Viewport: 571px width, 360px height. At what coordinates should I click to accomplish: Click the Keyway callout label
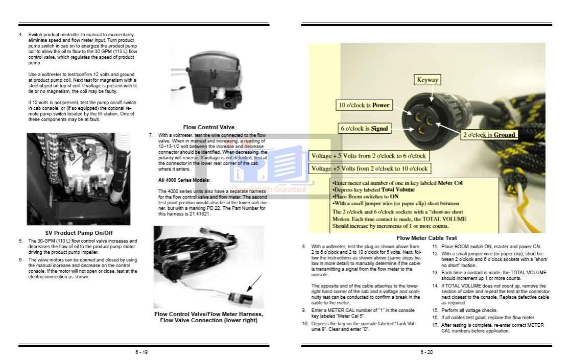pyautogui.click(x=427, y=80)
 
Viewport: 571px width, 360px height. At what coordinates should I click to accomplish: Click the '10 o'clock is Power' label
pyautogui.click(x=363, y=106)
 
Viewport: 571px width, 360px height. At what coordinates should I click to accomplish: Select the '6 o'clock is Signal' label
pyautogui.click(x=365, y=129)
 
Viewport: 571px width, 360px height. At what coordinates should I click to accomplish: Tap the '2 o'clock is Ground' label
pyautogui.click(x=489, y=135)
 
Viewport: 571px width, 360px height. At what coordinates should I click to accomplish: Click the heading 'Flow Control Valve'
pyautogui.click(x=209, y=127)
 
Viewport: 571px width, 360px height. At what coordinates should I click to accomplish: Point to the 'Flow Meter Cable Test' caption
pyautogui.click(x=426, y=238)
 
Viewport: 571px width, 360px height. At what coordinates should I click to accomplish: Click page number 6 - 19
pyautogui.click(x=141, y=352)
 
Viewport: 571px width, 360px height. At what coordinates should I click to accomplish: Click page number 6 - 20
pyautogui.click(x=426, y=352)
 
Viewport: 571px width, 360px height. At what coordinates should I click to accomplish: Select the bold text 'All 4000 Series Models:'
pyautogui.click(x=184, y=180)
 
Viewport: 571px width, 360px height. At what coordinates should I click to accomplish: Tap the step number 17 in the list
pyautogui.click(x=435, y=325)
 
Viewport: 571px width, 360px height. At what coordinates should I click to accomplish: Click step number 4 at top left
pyautogui.click(x=20, y=35)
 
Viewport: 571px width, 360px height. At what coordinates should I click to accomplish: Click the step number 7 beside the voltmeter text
pyautogui.click(x=151, y=135)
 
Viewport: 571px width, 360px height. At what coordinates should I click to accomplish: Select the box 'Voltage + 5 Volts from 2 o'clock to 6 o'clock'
pyautogui.click(x=368, y=156)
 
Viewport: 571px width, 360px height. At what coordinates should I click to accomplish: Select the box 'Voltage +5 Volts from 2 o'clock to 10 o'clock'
pyautogui.click(x=369, y=168)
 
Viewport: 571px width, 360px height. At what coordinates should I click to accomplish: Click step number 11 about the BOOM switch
pyautogui.click(x=435, y=246)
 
